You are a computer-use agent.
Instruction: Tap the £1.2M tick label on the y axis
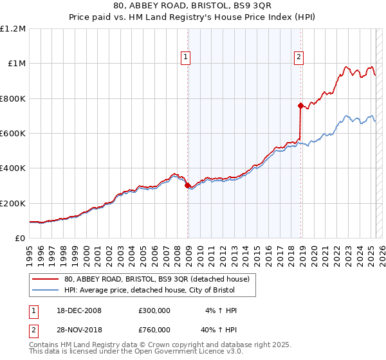pyautogui.click(x=13, y=29)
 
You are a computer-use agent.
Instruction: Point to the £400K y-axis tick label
pyautogui.click(x=13, y=168)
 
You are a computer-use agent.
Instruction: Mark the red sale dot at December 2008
pyautogui.click(x=187, y=186)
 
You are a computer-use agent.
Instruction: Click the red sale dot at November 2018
pyautogui.click(x=300, y=105)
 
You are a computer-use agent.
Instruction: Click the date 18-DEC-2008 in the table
pyautogui.click(x=78, y=310)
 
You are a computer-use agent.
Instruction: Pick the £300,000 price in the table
pyautogui.click(x=154, y=310)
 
